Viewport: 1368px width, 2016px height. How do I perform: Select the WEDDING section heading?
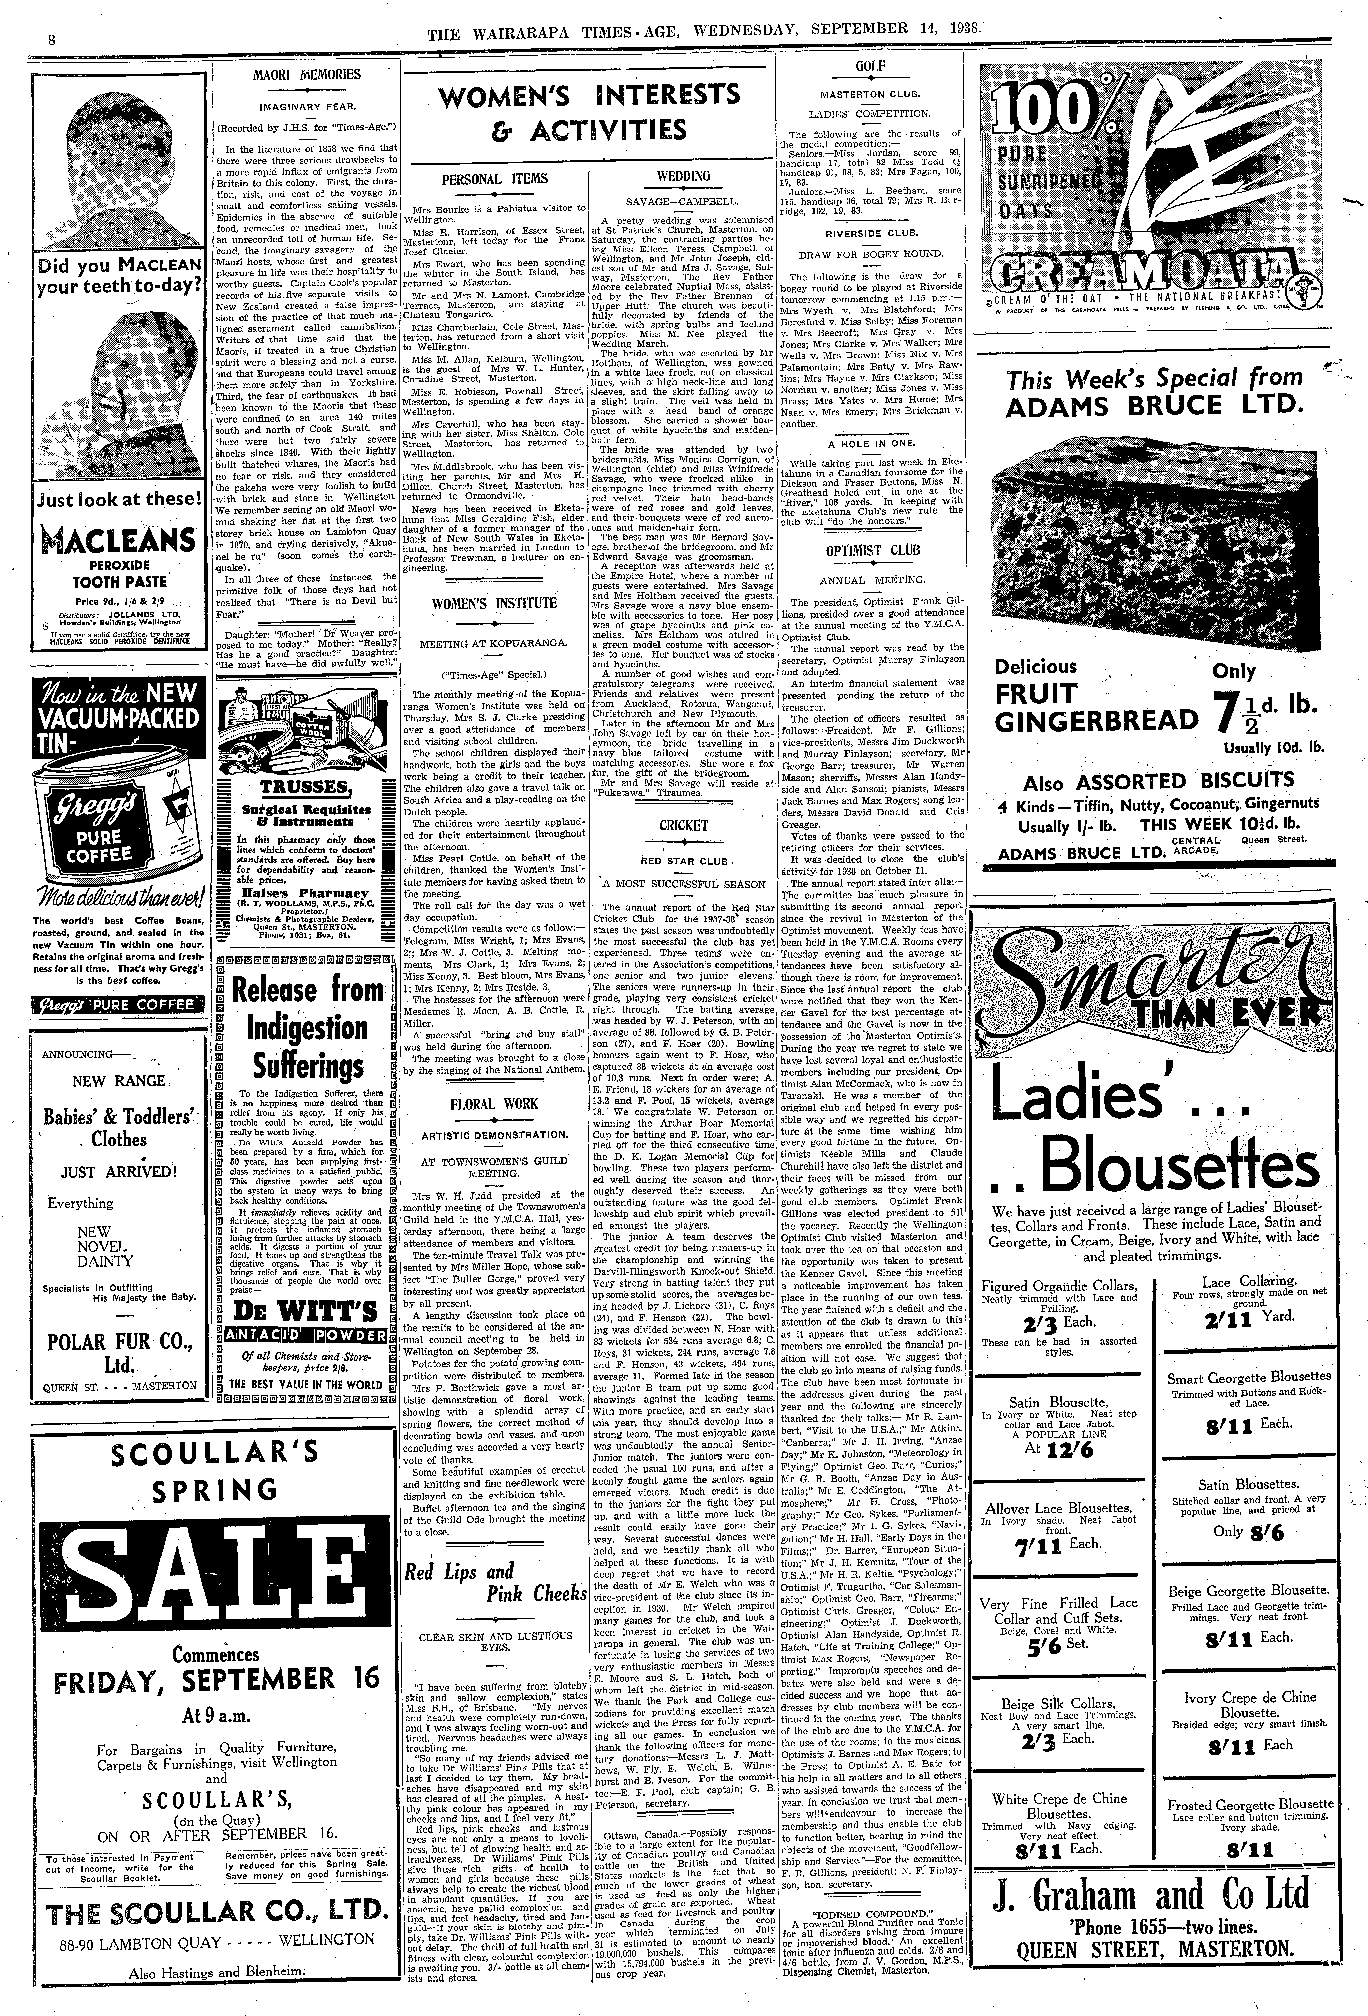(x=684, y=176)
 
